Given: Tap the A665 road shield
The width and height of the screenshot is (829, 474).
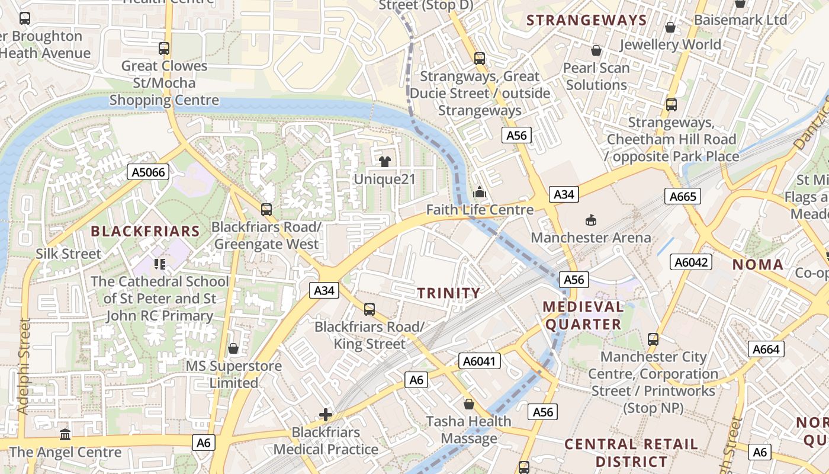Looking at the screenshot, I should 682,196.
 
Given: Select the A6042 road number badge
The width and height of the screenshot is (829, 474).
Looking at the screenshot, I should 690,262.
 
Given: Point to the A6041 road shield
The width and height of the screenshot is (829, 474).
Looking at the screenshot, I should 480,361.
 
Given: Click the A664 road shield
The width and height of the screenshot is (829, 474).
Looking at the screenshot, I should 766,349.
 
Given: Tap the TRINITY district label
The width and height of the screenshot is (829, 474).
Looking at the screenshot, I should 449,293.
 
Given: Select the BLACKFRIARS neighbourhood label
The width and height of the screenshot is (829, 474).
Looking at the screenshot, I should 144,231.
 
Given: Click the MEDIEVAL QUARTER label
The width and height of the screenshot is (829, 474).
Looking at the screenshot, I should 583,315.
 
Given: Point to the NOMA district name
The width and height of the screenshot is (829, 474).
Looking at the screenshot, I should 758,264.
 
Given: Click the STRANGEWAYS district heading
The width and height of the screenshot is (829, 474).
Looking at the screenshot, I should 586,20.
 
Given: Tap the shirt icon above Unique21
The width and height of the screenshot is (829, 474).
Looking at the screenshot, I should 385,161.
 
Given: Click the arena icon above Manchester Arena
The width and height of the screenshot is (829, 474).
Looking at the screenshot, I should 590,220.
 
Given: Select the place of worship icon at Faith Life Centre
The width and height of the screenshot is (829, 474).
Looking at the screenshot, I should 480,193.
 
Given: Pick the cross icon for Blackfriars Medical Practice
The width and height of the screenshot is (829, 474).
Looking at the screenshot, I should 325,415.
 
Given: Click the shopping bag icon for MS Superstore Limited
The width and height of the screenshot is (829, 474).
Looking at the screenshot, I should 233,348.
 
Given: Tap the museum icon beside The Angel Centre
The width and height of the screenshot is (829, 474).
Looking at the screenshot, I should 65,434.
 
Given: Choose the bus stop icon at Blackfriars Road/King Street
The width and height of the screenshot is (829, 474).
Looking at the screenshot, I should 369,309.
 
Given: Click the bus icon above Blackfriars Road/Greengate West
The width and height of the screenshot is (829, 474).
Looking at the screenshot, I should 266,209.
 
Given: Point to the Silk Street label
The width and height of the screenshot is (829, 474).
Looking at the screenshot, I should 68,254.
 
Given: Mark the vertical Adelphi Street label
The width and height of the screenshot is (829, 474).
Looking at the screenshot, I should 24,366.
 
